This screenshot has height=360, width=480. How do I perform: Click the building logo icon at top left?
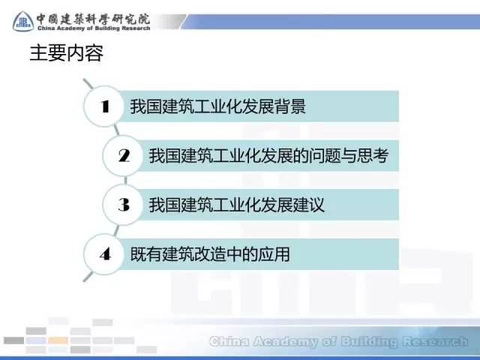pyautogui.click(x=23, y=22)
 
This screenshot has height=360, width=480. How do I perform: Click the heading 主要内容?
pyautogui.click(x=67, y=53)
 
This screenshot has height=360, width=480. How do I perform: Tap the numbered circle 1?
pyautogui.click(x=105, y=106)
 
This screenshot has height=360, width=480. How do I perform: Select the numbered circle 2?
pyautogui.click(x=124, y=155)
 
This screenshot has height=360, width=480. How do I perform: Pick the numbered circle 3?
pyautogui.click(x=124, y=205)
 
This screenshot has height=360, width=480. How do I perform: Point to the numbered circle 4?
pyautogui.click(x=105, y=254)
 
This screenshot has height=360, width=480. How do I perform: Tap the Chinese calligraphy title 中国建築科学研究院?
pyautogui.click(x=93, y=19)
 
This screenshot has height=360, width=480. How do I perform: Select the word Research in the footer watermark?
pyautogui.click(x=435, y=341)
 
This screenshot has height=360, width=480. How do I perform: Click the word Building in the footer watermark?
pyautogui.click(x=369, y=342)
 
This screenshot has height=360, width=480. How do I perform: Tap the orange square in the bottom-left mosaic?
pyautogui.click(x=58, y=340)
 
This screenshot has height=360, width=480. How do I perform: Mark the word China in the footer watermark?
pyautogui.click(x=229, y=341)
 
